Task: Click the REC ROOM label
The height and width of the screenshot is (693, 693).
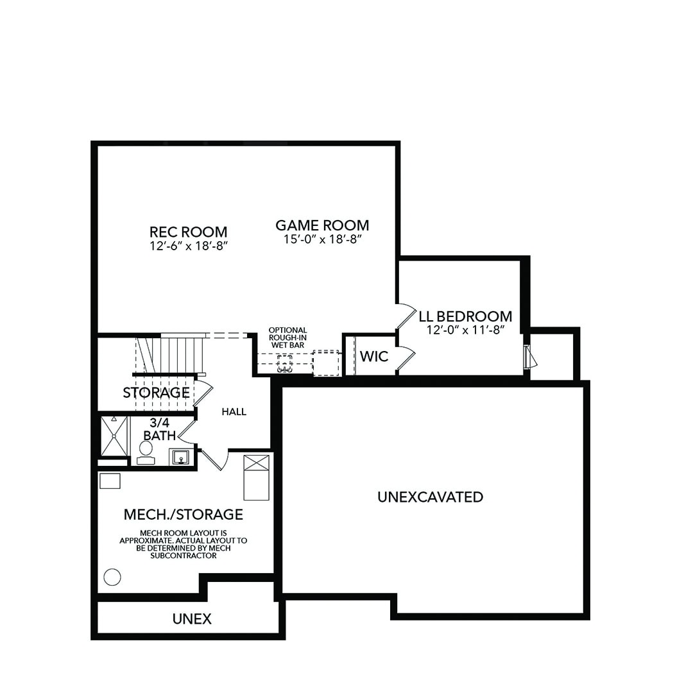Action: click(x=188, y=232)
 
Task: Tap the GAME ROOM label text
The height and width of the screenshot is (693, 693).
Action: click(x=322, y=225)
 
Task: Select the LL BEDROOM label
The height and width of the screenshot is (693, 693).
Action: click(x=465, y=316)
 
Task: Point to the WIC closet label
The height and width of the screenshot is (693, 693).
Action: click(x=374, y=356)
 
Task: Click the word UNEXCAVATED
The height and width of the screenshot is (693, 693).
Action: click(x=430, y=497)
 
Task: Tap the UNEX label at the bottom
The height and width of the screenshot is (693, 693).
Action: click(x=192, y=619)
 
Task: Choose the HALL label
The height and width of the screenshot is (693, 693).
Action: click(x=234, y=412)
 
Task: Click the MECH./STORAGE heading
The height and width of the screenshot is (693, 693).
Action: click(x=183, y=514)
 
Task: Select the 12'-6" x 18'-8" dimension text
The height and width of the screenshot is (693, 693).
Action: click(x=188, y=246)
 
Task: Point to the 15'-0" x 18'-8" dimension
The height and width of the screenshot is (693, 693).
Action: click(x=322, y=239)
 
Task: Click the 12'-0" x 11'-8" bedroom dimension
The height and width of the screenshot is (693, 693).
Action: click(x=465, y=330)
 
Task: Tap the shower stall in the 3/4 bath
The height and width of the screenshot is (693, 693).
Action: click(x=115, y=436)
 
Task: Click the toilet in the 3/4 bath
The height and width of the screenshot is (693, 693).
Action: click(x=146, y=452)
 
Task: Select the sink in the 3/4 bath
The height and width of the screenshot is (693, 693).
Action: click(x=180, y=457)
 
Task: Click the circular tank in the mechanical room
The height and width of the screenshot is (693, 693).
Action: click(x=112, y=577)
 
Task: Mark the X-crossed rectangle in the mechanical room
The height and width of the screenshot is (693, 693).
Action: click(x=256, y=477)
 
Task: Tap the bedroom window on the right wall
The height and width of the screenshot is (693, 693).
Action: click(x=527, y=357)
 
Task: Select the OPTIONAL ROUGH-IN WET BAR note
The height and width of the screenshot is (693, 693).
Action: click(x=287, y=338)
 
